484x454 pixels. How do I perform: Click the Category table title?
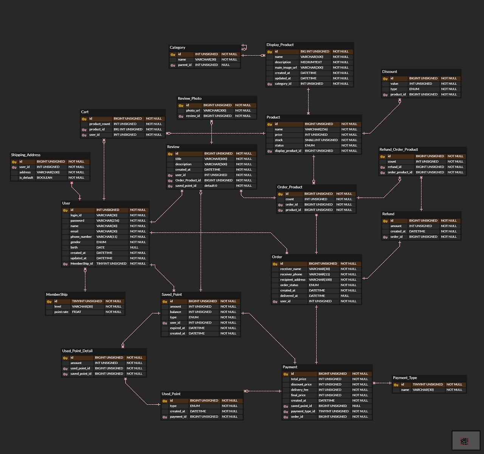[x=177, y=48]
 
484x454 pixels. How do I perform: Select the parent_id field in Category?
[x=185, y=65]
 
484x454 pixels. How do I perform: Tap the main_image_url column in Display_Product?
[x=285, y=68]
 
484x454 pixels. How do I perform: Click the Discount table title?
[x=389, y=72]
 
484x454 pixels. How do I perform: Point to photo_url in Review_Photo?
[x=193, y=111]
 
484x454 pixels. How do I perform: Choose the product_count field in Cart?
[x=99, y=124]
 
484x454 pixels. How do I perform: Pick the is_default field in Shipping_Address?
[x=26, y=178]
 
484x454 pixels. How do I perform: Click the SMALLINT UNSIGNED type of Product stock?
[x=321, y=140]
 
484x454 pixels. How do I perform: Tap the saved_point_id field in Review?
[x=186, y=186]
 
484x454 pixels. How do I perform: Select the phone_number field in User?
[x=81, y=237]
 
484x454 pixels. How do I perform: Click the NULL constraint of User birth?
[x=134, y=248]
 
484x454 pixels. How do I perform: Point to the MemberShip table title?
[x=57, y=295]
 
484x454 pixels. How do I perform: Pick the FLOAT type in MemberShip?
[x=76, y=312]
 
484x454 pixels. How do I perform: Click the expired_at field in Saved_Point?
[x=177, y=328]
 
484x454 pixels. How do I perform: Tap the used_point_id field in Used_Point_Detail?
[x=80, y=368]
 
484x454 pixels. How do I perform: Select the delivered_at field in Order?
[x=289, y=296]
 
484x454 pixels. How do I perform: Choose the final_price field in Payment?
[x=298, y=395]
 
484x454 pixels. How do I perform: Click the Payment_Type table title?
[x=405, y=378]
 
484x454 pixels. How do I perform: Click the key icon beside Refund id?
[x=385, y=221]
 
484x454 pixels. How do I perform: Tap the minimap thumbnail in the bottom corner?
[x=466, y=440]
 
